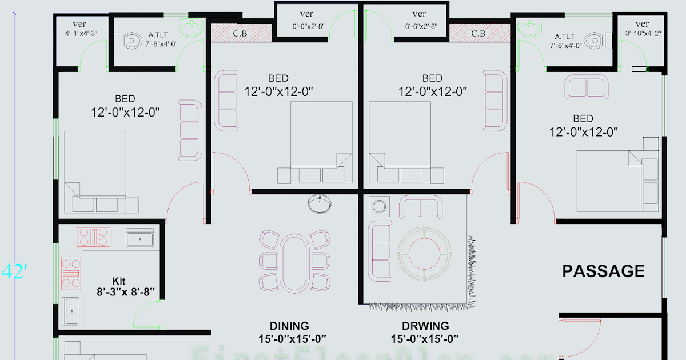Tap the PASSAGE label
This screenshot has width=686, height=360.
603,271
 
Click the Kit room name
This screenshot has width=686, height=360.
118,281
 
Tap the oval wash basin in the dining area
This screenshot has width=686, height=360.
318,202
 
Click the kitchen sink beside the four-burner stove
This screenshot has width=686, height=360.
139,238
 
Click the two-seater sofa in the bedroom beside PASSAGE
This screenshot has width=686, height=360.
587,86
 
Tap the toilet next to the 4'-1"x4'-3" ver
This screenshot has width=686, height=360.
131,41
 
